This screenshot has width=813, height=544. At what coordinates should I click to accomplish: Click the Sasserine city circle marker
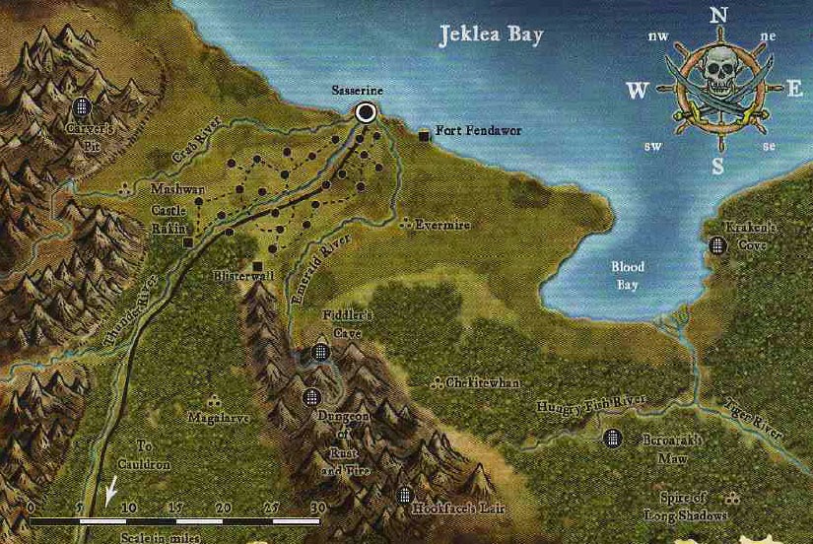coord(366,113)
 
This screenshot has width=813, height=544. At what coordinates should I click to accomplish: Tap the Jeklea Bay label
coord(490,37)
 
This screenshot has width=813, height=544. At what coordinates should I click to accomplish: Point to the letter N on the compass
coord(718,15)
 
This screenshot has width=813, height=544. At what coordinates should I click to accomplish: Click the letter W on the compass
coord(638,92)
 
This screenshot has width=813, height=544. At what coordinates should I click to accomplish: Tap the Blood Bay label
coord(628,276)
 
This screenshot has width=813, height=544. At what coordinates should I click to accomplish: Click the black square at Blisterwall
coord(258,266)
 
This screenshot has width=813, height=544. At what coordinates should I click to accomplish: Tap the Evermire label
coord(440,225)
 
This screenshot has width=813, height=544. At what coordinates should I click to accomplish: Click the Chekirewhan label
coord(469,381)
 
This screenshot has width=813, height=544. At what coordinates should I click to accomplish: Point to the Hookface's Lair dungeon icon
coord(404,495)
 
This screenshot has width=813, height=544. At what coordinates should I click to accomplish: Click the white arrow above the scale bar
coord(110,489)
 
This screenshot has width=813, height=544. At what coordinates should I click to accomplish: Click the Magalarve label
coord(219,417)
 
